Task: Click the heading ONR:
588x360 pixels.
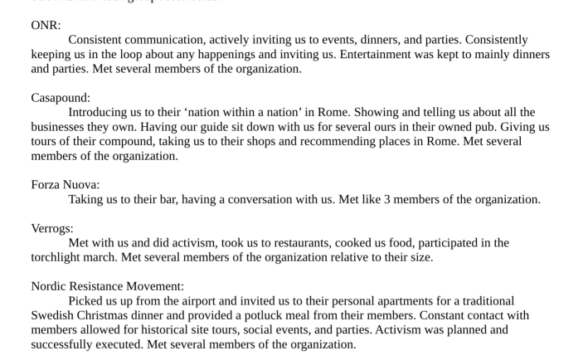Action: pos(46,26)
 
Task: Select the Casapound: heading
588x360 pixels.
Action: pos(61,98)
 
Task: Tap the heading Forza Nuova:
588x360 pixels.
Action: pos(65,185)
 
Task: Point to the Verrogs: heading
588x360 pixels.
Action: pos(52,228)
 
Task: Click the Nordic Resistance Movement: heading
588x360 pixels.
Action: pos(107,286)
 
